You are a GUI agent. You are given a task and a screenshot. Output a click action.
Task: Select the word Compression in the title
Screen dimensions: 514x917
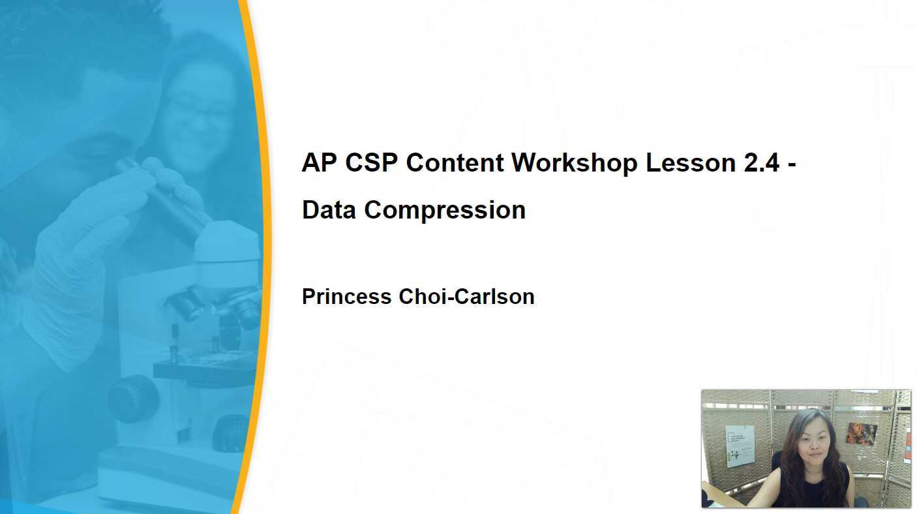point(445,210)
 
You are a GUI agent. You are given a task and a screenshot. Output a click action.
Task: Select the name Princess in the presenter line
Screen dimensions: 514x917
point(346,297)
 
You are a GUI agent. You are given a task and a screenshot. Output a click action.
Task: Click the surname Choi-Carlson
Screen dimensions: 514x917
point(466,297)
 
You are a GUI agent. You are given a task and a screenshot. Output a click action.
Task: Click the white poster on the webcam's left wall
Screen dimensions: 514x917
point(740,446)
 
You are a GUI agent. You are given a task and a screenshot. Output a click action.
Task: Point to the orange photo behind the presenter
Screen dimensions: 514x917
point(862,433)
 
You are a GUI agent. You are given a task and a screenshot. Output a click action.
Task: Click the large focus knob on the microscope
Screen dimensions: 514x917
point(134,397)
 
